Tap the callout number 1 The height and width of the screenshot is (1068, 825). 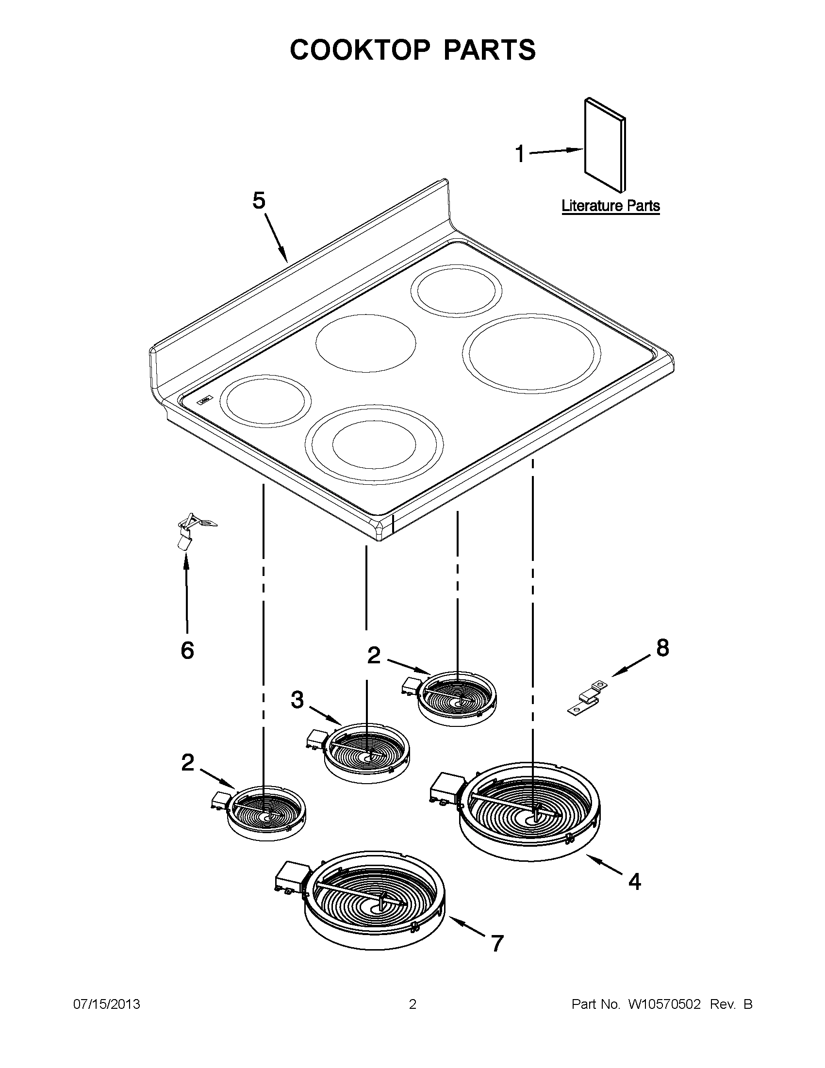click(x=520, y=154)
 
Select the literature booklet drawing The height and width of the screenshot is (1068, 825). click(x=605, y=145)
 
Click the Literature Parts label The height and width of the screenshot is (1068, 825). click(x=610, y=206)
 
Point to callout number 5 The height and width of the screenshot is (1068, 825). click(x=259, y=200)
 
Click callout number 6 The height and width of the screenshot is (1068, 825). click(x=187, y=650)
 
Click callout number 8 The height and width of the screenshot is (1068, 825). click(x=662, y=648)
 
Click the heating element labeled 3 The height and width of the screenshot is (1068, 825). click(x=367, y=757)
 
